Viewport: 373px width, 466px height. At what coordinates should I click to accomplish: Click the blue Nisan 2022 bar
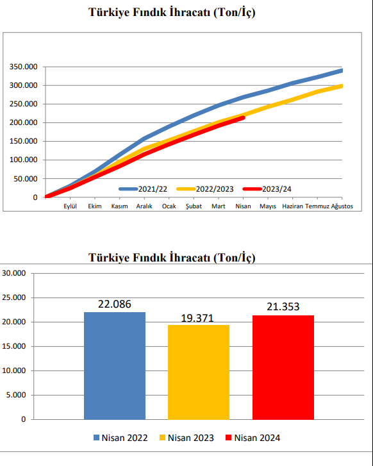[x=115, y=366]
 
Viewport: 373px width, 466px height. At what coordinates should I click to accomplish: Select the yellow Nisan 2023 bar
[x=199, y=372]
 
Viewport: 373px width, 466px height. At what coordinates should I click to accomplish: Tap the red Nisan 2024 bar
[x=283, y=367]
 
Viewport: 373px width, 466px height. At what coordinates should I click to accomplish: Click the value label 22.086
[x=115, y=304]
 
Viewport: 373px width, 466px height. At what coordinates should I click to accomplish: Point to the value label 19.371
[x=197, y=319]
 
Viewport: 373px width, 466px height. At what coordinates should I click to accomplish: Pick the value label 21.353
[x=283, y=306]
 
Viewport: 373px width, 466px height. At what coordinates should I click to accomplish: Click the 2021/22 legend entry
[x=143, y=189]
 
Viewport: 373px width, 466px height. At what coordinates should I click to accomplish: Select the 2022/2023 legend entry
[x=205, y=189]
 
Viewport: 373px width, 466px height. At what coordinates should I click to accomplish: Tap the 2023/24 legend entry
[x=267, y=189]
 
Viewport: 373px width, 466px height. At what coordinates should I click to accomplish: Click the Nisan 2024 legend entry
[x=253, y=438]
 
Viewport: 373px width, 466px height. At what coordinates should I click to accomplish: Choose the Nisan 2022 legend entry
[x=120, y=438]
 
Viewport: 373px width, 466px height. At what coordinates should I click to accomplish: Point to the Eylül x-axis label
[x=70, y=206]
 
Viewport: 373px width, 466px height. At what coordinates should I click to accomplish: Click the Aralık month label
[x=144, y=206]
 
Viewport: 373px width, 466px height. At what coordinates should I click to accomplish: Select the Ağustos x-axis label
[x=342, y=206]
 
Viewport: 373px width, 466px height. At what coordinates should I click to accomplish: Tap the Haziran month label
[x=292, y=206]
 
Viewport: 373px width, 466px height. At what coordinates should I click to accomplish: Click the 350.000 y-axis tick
[x=24, y=67]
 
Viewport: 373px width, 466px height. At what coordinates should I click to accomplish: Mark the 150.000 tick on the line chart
[x=24, y=141]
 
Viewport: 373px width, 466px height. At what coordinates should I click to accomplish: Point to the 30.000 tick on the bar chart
[x=14, y=273]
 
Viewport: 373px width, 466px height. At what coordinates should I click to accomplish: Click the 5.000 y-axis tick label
[x=16, y=395]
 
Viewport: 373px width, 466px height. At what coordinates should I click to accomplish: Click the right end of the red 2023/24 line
[x=243, y=118]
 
